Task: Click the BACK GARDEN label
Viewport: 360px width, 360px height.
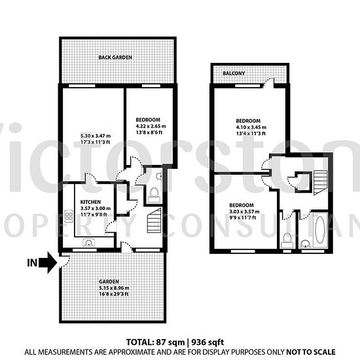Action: pos(115,58)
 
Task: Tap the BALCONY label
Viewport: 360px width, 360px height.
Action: pos(234,73)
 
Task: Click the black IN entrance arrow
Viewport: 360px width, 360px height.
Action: pos(48,262)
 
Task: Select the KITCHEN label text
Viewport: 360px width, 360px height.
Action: pos(90,202)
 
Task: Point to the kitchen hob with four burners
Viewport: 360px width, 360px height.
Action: pos(69,216)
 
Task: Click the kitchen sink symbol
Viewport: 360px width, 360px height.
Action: pos(88,242)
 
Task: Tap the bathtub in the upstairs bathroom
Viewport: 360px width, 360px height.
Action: pos(320,230)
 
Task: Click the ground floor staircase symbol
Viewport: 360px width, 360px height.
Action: pos(154,221)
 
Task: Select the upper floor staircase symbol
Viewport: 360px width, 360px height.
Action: pos(320,183)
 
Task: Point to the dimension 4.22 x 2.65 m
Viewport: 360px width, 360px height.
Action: pos(151,126)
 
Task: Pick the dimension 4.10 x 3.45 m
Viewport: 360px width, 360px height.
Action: pos(251,127)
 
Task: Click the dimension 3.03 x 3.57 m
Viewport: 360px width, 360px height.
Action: pos(244,211)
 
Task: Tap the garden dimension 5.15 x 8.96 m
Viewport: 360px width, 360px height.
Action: pos(114,288)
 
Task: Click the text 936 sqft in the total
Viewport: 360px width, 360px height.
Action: pos(207,342)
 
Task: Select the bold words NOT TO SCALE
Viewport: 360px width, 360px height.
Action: pos(311,352)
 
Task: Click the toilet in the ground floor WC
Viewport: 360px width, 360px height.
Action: pos(154,194)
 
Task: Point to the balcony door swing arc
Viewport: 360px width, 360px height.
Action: pos(268,82)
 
